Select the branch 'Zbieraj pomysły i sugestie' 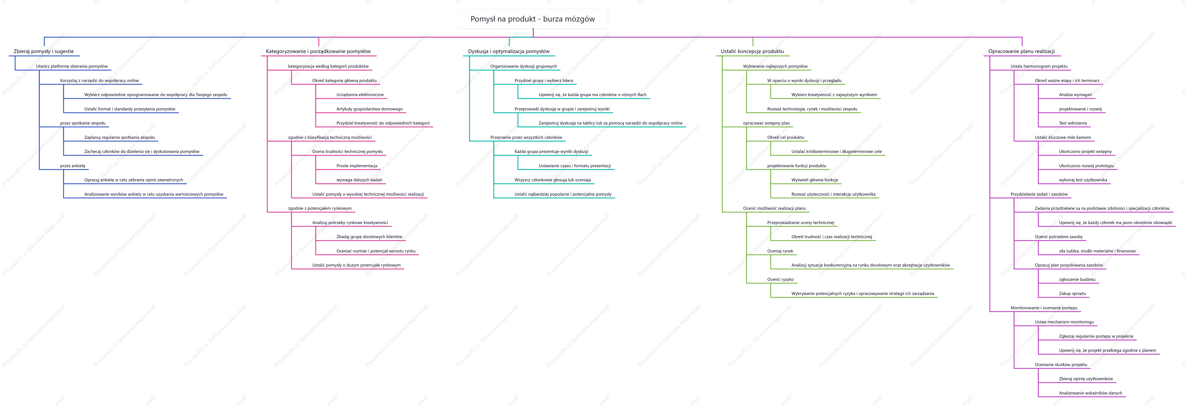coord(44,51)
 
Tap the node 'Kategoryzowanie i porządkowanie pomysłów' coord(318,51)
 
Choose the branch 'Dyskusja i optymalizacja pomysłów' coord(509,51)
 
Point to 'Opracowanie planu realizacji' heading coord(1022,51)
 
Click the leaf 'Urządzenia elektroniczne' coord(360,95)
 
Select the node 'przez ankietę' coord(73,166)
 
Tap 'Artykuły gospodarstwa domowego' coord(369,109)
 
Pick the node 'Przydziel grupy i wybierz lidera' coord(544,80)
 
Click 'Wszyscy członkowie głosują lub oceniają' coord(553,180)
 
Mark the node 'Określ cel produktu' coord(786,137)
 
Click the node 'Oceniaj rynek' coord(780,251)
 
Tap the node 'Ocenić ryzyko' coord(780,279)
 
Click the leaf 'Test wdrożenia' coord(1073,123)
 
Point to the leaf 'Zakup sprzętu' coord(1072,294)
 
